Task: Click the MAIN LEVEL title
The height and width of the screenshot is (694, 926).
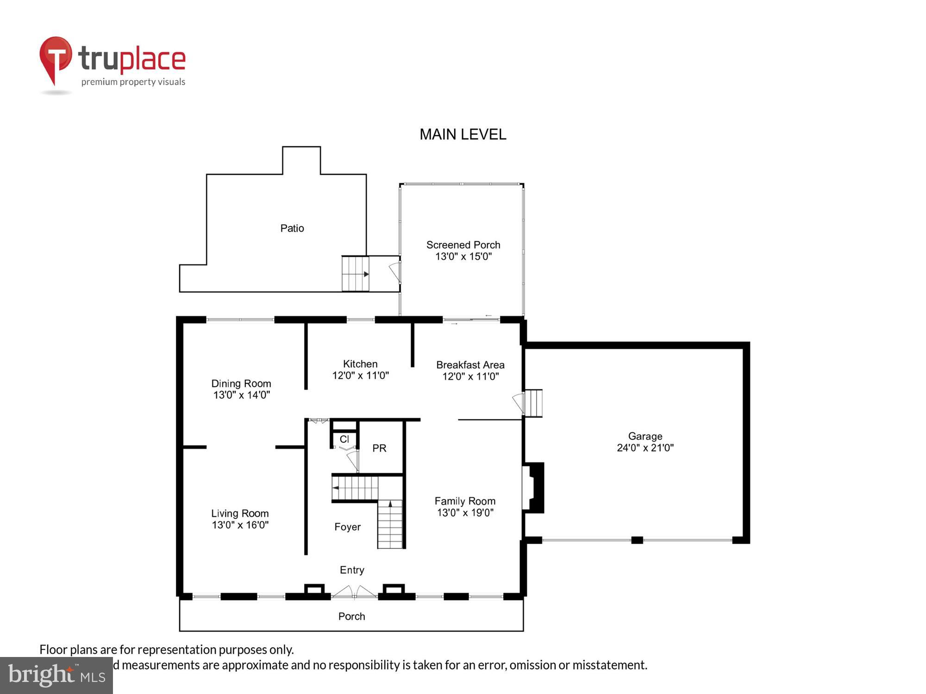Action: [x=463, y=135]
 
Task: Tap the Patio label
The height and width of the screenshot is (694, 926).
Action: [x=292, y=228]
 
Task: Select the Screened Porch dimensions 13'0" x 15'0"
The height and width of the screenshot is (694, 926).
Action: [x=463, y=257]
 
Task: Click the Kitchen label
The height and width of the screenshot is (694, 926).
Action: [x=360, y=364]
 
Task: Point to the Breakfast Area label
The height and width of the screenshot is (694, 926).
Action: [x=470, y=365]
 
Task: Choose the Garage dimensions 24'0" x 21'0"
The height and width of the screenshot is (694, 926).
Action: [x=645, y=448]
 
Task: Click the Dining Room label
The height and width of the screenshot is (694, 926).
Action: [x=241, y=384]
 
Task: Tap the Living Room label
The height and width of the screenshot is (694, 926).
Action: [x=240, y=514]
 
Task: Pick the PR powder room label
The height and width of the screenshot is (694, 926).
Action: [x=379, y=448]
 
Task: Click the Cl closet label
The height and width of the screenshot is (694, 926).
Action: [x=344, y=439]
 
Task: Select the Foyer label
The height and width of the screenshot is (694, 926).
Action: [x=347, y=527]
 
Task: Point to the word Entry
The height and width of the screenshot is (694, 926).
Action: [x=352, y=570]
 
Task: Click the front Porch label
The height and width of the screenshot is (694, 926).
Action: [x=351, y=616]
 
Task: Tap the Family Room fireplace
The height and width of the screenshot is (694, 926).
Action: [x=533, y=488]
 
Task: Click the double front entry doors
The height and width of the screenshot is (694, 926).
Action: [x=354, y=593]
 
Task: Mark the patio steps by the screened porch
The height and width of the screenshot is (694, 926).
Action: [x=355, y=274]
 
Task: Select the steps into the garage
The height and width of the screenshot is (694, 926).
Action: [x=533, y=403]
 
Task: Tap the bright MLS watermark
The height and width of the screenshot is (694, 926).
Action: [x=56, y=675]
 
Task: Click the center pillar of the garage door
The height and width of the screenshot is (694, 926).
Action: [x=637, y=540]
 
